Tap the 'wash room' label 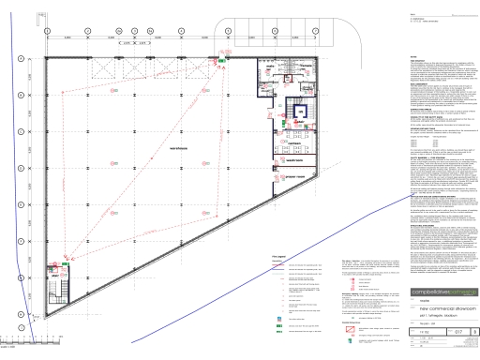point(299,157)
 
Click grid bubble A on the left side point(19,58)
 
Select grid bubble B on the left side point(19,94)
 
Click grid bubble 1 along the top point(46,30)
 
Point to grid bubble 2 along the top point(87,30)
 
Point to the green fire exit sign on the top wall point(221,59)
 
